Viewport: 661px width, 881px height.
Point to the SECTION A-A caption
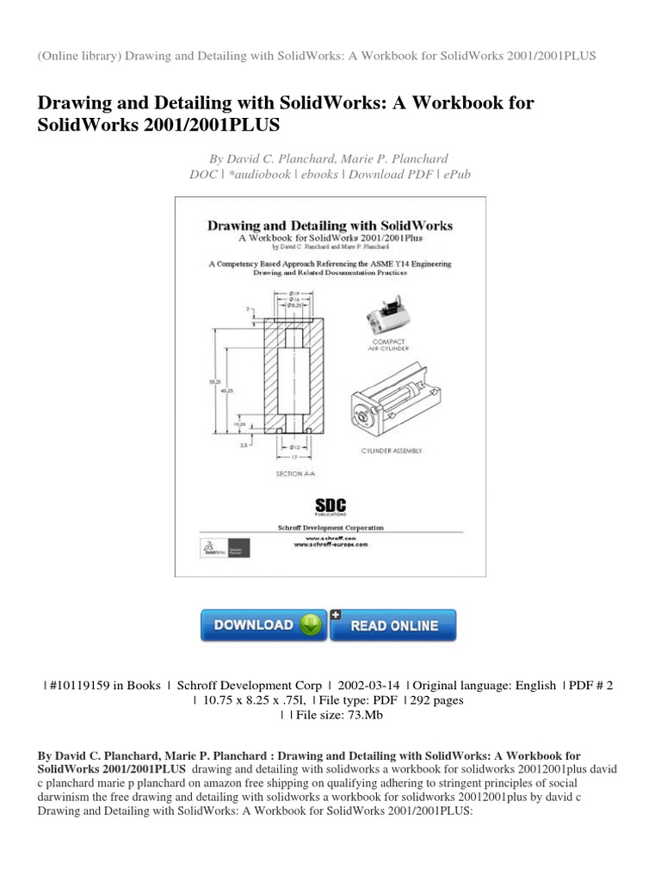(x=295, y=474)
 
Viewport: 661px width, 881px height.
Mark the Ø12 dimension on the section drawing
(x=295, y=448)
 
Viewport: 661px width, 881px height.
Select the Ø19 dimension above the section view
(x=295, y=293)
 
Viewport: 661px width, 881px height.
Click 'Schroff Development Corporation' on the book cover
(x=331, y=527)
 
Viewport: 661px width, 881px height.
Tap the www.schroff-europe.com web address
(x=331, y=545)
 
